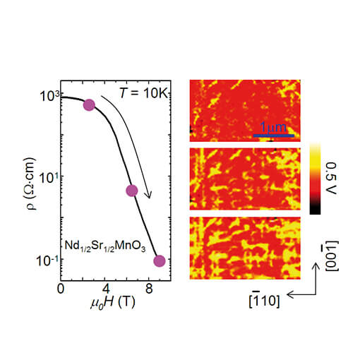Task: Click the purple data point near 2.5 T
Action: [x=89, y=104]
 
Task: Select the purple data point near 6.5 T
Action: [x=131, y=191]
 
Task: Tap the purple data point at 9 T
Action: [x=160, y=260]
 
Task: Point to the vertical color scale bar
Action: [x=315, y=177]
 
